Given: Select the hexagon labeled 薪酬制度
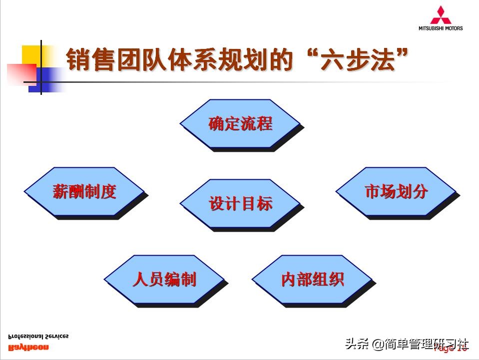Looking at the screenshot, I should [84, 192].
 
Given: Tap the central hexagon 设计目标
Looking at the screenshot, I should [240, 204].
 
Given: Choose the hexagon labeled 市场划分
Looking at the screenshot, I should [396, 192].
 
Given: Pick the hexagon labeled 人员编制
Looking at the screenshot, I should [164, 279].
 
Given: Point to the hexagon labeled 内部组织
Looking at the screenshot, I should [312, 279].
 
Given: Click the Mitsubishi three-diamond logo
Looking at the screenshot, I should [441, 15].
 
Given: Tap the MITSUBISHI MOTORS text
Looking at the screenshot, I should [441, 28].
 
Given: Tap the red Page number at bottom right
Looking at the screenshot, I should [452, 349].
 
